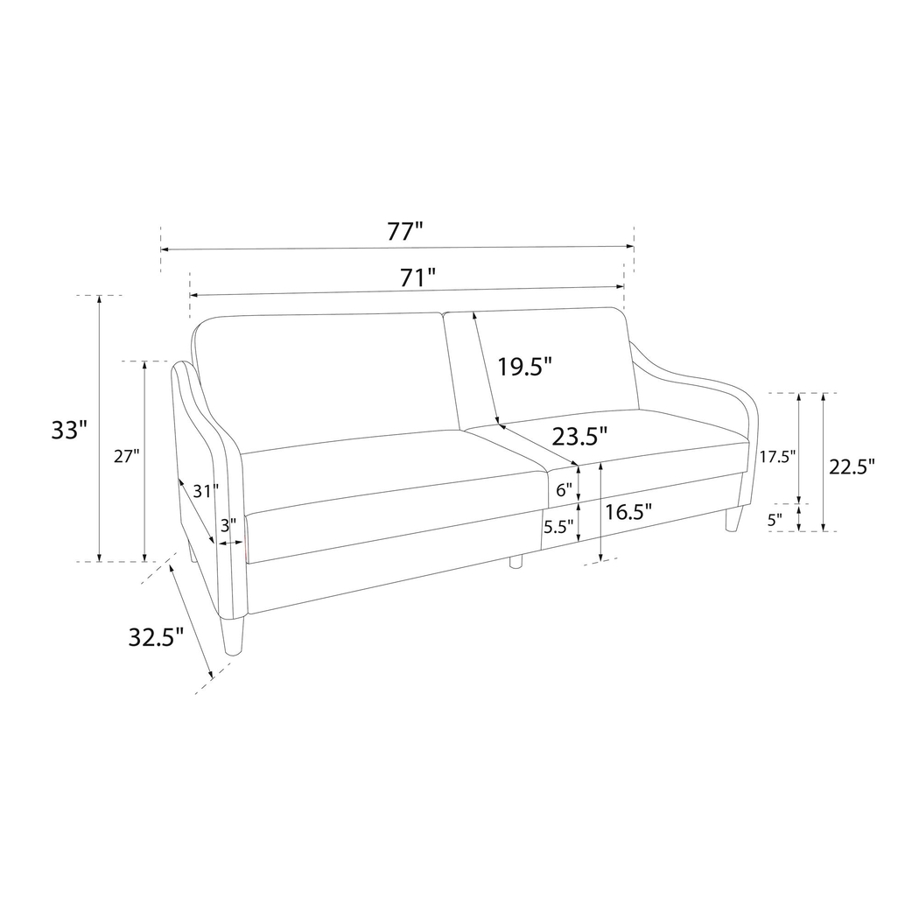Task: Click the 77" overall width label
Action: coord(405,232)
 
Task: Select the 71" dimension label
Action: coord(418,278)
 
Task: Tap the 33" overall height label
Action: coord(69,431)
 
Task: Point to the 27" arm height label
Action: coord(126,456)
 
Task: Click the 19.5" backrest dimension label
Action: coord(525,367)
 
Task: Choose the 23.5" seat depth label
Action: coord(579,435)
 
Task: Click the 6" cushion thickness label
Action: coord(564,491)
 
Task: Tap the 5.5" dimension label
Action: coord(558,527)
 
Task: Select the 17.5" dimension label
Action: coord(776,456)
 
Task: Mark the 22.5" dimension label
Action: coord(852,467)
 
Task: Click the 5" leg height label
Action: coord(775,519)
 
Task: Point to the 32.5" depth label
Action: coord(156,637)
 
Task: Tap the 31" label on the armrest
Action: coord(206,491)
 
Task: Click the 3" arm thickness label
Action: coord(228,526)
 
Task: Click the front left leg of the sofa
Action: coord(233,635)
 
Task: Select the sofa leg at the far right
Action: coord(733,519)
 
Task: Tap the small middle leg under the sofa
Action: coord(516,561)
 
